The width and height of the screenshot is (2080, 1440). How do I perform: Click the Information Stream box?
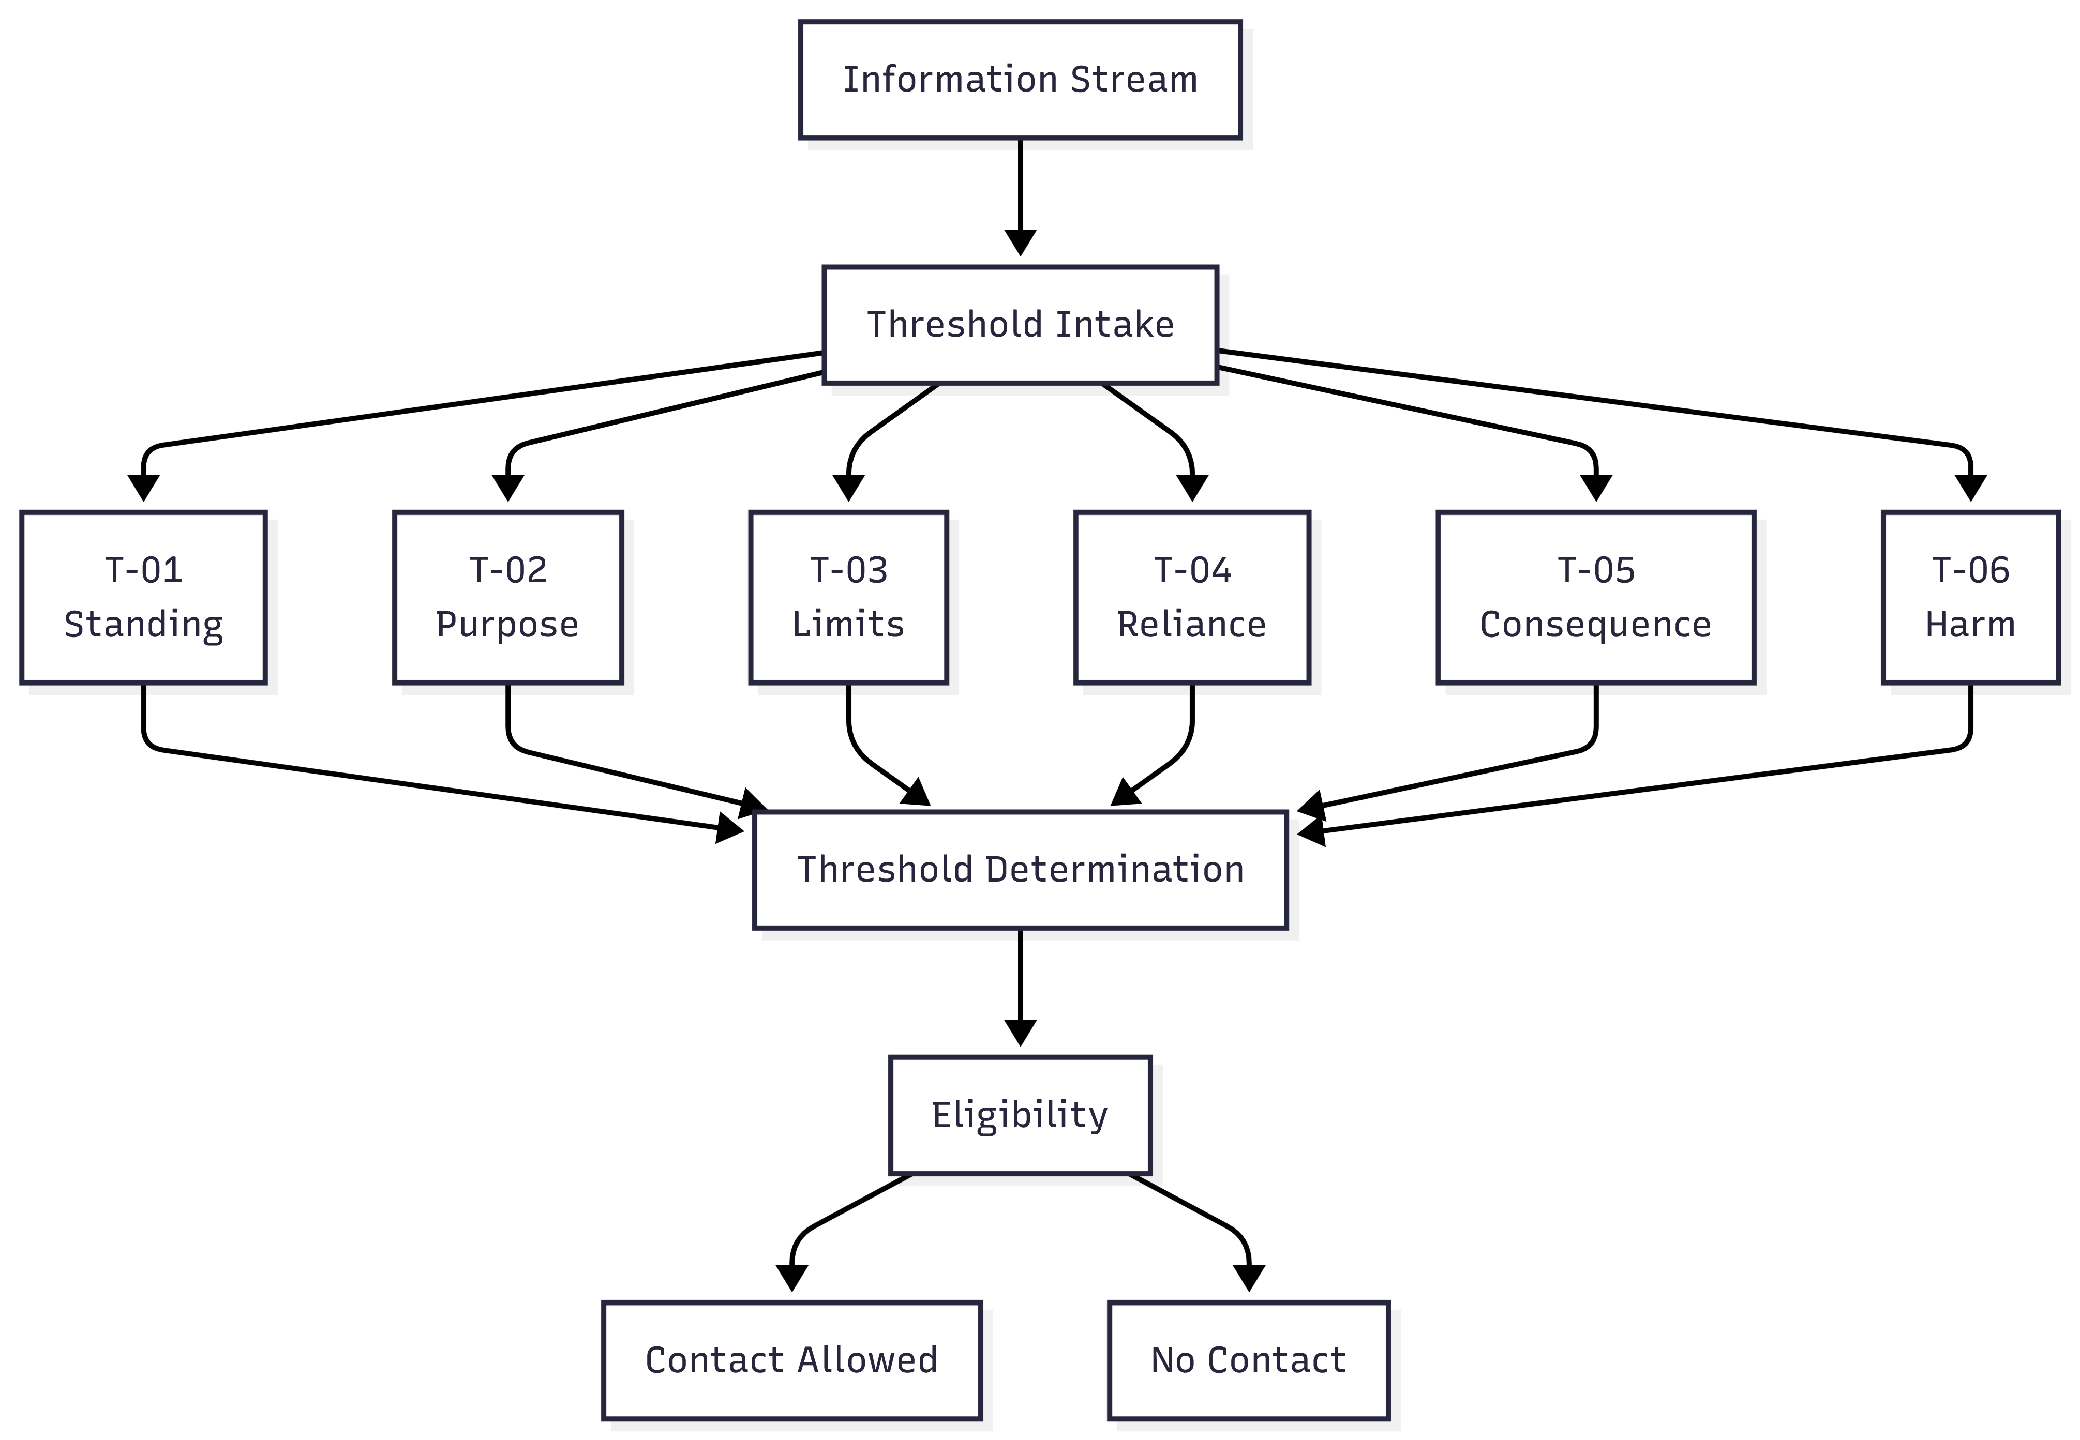click(1020, 80)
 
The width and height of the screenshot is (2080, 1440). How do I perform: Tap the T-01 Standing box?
click(143, 597)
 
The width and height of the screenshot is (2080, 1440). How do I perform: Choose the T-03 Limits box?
click(848, 597)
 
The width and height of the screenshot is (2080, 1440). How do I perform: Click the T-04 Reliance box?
click(1191, 597)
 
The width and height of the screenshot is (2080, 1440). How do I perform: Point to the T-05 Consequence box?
click(1595, 597)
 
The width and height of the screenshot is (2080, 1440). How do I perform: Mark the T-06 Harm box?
click(1970, 597)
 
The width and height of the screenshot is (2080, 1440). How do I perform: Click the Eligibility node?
click(1020, 1115)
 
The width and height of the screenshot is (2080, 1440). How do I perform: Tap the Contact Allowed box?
click(791, 1360)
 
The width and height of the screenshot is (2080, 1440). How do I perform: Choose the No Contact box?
click(1248, 1360)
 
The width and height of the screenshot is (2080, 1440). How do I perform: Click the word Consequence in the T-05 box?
click(1595, 625)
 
